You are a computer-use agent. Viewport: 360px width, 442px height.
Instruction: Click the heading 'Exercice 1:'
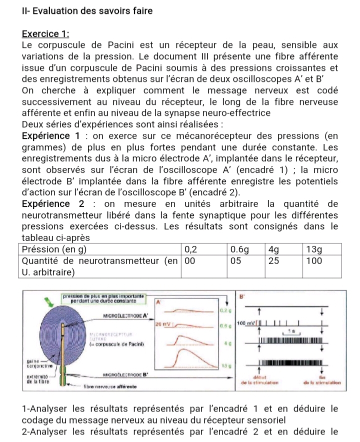(45, 34)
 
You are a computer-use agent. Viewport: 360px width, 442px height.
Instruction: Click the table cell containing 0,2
(190, 249)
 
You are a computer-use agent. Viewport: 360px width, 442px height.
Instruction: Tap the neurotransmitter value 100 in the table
(313, 260)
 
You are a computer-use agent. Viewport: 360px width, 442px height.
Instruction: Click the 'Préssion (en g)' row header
(55, 249)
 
